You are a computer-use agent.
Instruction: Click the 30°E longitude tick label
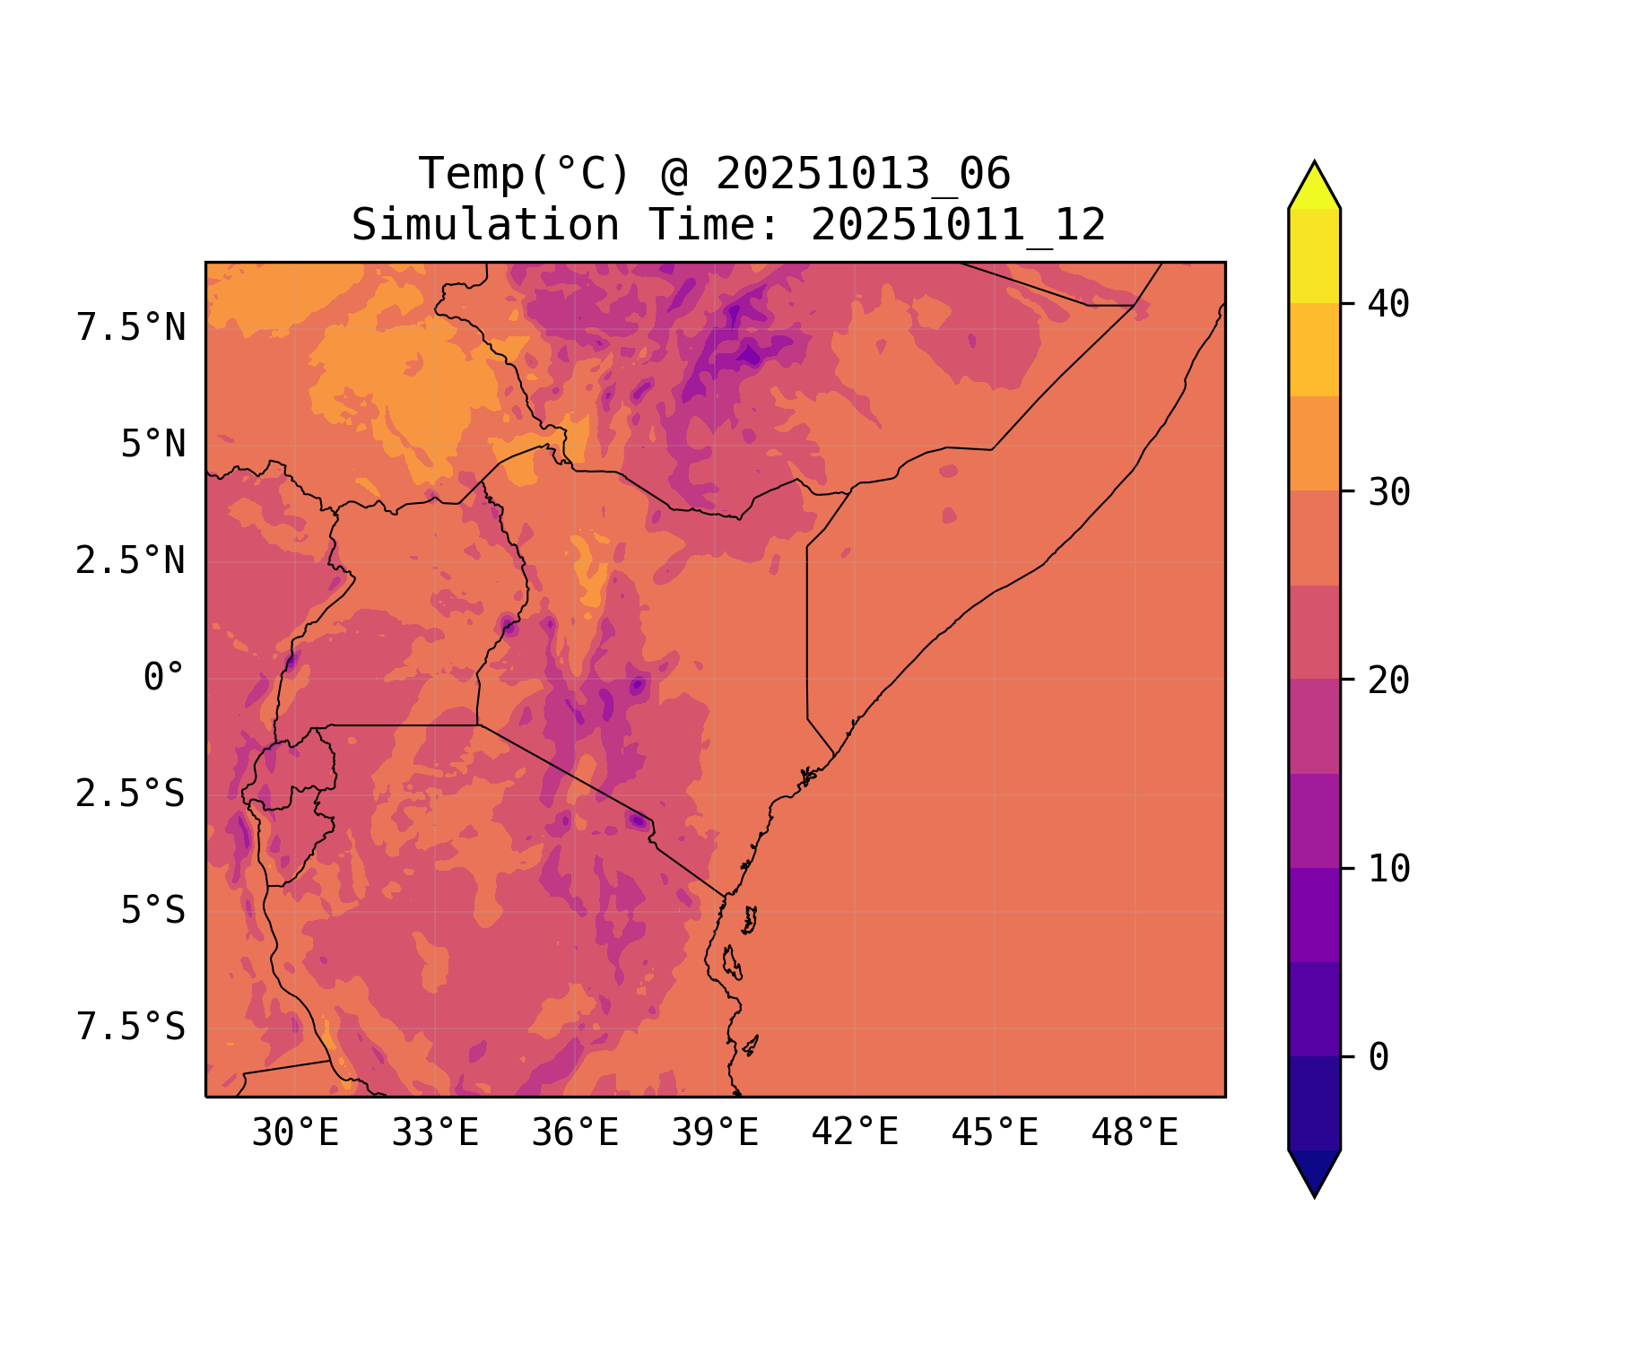pos(295,1133)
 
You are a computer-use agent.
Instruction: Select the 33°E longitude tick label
pos(435,1133)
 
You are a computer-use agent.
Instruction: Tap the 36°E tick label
pos(575,1133)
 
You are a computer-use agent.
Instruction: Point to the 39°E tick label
pos(715,1133)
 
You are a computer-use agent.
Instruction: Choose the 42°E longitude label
pos(855,1133)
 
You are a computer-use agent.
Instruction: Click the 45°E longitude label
pos(995,1133)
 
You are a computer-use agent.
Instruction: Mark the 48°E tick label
pos(1135,1133)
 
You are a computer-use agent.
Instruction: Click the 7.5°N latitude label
pos(131,328)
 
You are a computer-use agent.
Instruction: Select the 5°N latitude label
pos(153,445)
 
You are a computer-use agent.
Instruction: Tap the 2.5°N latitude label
pos(131,561)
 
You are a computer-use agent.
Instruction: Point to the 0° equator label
pos(164,678)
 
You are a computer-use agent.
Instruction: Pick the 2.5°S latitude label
pos(131,794)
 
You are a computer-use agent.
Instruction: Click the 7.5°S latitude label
pos(131,1028)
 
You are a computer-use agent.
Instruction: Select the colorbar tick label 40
pos(1388,304)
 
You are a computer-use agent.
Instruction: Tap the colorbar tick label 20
pos(1388,681)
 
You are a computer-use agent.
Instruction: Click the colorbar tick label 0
pos(1379,1057)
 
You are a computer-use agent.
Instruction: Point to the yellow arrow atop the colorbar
pos(1314,187)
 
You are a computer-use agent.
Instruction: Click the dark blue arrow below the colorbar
pos(1314,1171)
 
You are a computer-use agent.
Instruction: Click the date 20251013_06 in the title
pos(863,174)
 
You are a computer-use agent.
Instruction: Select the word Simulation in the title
pos(484,225)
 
